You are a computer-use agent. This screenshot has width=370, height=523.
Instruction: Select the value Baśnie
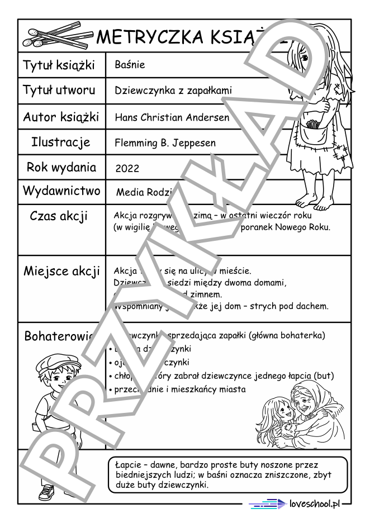pyautogui.click(x=129, y=65)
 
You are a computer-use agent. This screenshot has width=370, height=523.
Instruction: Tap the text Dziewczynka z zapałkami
pyautogui.click(x=173, y=90)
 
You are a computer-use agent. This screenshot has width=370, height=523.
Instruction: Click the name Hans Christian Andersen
pyautogui.click(x=172, y=117)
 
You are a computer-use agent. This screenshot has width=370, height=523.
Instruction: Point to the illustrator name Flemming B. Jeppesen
pyautogui.click(x=165, y=143)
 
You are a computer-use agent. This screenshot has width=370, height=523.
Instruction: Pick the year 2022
pyautogui.click(x=127, y=168)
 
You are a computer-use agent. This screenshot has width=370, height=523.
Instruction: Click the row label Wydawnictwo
pyautogui.click(x=61, y=191)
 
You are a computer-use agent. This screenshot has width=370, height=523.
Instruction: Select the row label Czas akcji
pyautogui.click(x=59, y=216)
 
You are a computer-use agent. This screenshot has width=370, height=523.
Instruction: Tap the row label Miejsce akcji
pyautogui.click(x=61, y=272)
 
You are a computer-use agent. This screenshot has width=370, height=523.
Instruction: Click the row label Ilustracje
pyautogui.click(x=61, y=142)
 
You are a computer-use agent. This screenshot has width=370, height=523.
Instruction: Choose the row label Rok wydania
pyautogui.click(x=61, y=167)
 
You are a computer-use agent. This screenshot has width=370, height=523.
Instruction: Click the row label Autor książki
pyautogui.click(x=61, y=117)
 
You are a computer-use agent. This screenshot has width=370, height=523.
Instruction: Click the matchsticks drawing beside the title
pyautogui.click(x=56, y=36)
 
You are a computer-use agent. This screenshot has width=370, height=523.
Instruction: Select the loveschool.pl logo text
pyautogui.click(x=315, y=504)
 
